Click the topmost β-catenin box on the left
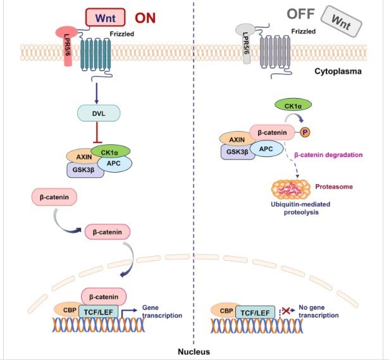[x=54, y=198]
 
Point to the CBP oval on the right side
[x=225, y=311]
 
